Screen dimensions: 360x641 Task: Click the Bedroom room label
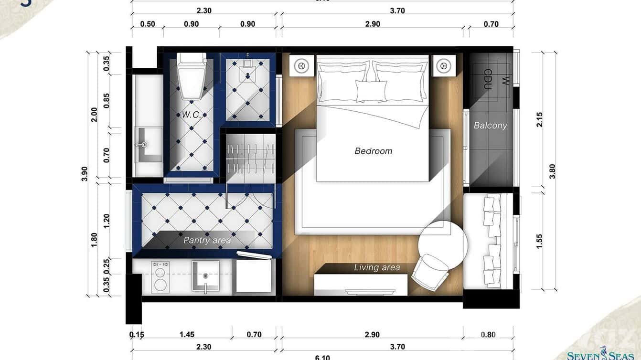[373, 151]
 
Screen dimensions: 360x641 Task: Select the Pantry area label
[207, 240]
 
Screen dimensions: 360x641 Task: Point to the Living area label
[377, 267]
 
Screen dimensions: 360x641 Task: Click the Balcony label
[490, 126]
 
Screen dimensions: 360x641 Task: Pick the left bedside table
[301, 65]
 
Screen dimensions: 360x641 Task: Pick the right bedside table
[444, 65]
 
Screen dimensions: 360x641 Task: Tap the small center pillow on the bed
[371, 91]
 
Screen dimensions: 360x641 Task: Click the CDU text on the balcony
[488, 79]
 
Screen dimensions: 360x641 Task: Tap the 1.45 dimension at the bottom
[187, 335]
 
